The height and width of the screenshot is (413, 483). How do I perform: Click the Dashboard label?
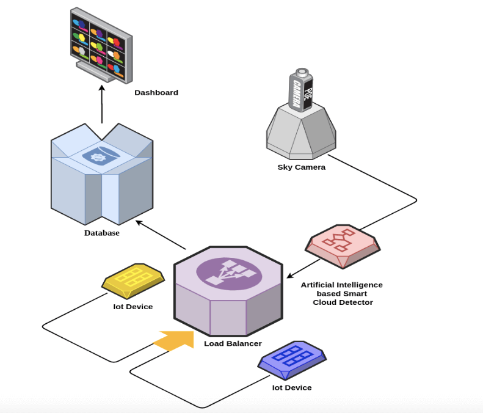coord(156,92)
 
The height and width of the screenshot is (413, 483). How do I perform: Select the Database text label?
coord(101,233)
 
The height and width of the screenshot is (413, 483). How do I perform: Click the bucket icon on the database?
coord(97,156)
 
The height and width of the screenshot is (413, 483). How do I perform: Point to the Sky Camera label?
coord(301,167)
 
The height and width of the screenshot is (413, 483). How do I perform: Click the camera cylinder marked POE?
coord(301,89)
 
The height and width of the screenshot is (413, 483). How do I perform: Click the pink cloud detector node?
coord(343,246)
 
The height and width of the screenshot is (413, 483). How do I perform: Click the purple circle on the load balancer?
coord(229,274)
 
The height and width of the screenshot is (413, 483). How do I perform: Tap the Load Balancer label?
coord(233,343)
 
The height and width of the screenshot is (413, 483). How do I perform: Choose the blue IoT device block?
coord(292,360)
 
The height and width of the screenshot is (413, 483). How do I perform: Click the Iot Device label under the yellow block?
coord(133,307)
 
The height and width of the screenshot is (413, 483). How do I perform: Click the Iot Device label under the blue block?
coord(292,387)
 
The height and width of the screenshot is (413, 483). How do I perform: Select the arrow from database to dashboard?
coord(102,104)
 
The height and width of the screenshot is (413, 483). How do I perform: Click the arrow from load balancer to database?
coord(161,235)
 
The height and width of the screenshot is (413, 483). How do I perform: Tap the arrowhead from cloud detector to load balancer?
coord(290,275)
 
